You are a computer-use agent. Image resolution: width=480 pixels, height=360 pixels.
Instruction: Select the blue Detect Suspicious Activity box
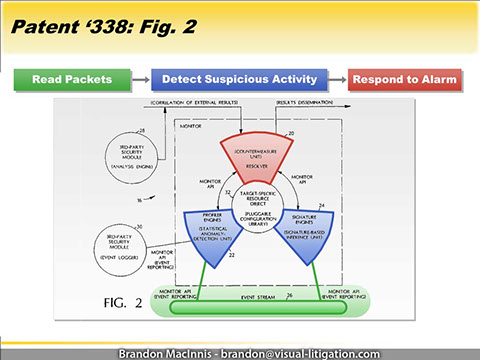pos(239,79)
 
